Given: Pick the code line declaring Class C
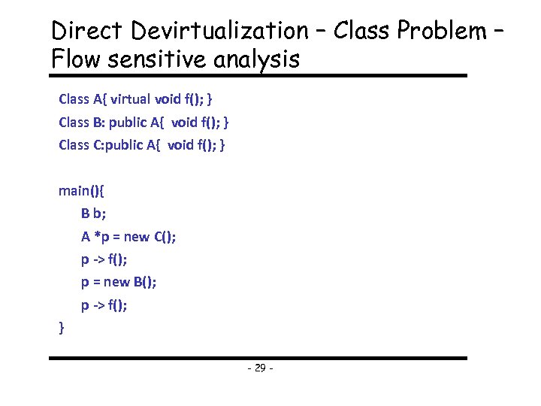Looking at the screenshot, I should click(142, 144).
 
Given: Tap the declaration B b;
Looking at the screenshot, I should click(94, 214).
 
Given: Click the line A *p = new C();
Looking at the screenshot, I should click(129, 237).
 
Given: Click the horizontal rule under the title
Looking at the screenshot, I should click(258, 75).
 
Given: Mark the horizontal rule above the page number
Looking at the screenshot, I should click(258, 358).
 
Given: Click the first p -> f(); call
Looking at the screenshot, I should click(104, 260).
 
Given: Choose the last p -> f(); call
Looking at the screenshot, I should click(104, 306).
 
